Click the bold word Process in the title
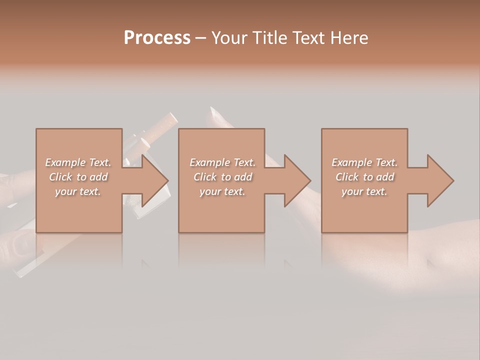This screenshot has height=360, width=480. click(157, 38)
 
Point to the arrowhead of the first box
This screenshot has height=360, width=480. click(152, 180)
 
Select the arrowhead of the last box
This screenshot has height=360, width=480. click(438, 180)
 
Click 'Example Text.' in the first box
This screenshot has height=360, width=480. click(78, 162)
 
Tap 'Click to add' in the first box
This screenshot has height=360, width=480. click(78, 177)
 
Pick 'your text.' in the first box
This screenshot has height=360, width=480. click(78, 191)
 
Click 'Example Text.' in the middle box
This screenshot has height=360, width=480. click(222, 162)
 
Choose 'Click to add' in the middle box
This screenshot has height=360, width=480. click(222, 177)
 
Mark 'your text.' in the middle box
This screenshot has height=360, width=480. click(222, 191)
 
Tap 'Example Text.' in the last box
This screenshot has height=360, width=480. click(364, 162)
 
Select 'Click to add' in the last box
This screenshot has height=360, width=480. click(364, 177)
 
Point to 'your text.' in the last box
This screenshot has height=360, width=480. click(364, 191)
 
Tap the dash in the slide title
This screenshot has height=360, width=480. click(200, 38)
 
